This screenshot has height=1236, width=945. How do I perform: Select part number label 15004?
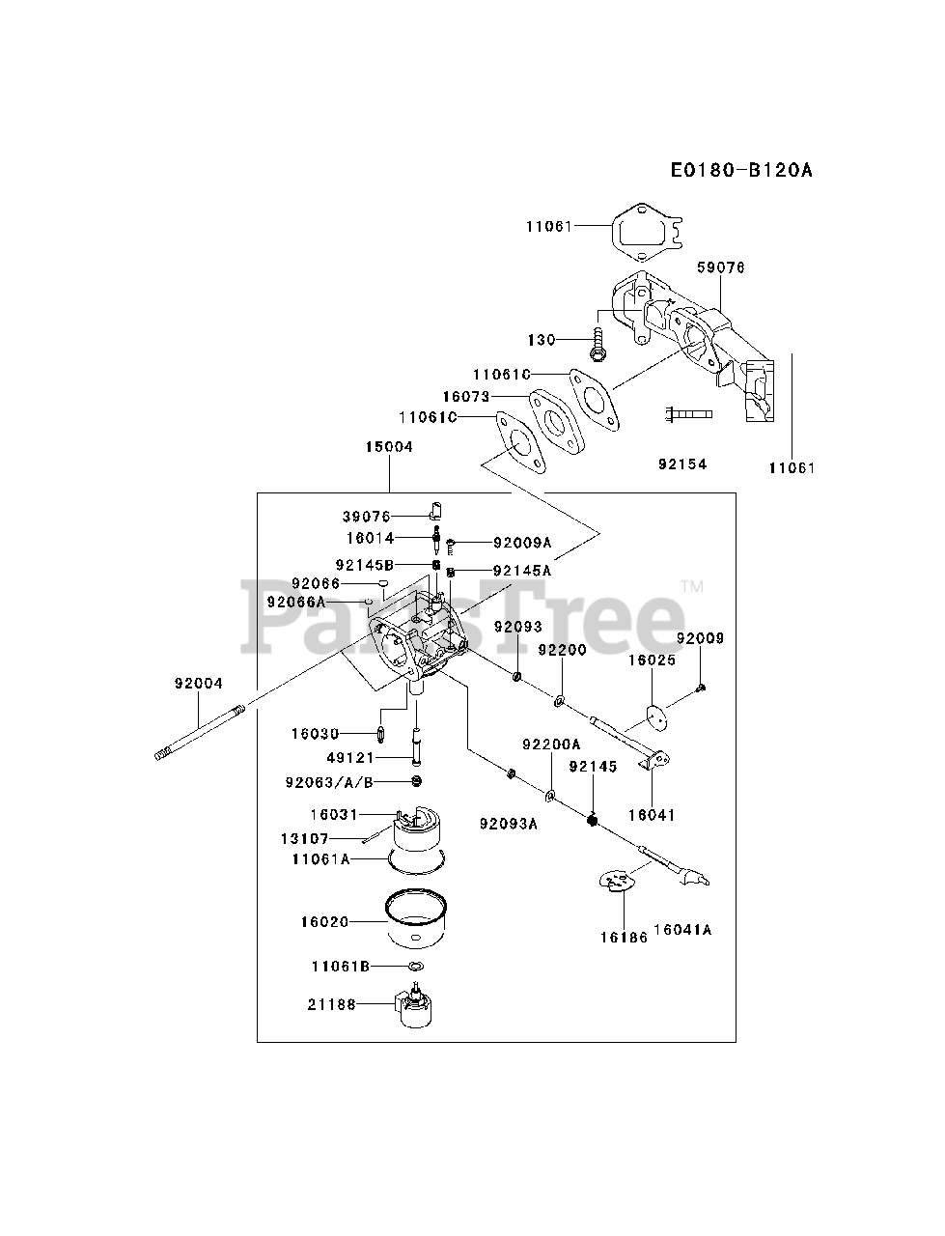(x=389, y=447)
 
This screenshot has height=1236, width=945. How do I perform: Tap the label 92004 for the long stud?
(x=199, y=684)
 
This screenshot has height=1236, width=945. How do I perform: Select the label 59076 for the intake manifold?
(x=720, y=267)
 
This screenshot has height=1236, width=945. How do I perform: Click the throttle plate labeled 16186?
(x=617, y=881)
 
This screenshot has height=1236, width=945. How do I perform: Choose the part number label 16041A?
(x=681, y=930)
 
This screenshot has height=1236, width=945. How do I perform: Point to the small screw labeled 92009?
(x=702, y=687)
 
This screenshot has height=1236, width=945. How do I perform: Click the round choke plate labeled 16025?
(x=657, y=716)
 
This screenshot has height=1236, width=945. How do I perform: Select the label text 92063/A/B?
(x=328, y=781)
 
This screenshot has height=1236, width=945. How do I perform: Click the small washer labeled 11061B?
(x=414, y=967)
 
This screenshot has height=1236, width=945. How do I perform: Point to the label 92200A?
(x=551, y=744)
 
